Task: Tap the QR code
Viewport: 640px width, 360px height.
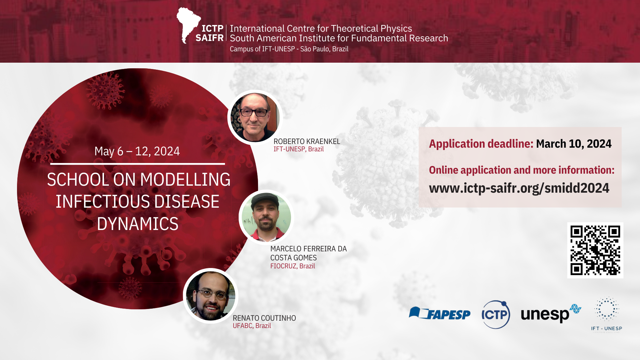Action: point(595,250)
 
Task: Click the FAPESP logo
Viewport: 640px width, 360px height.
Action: point(440,313)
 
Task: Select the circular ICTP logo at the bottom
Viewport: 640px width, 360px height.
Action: point(496,314)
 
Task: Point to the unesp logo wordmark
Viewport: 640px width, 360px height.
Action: point(551,313)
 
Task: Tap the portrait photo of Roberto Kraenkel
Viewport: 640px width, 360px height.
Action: point(255,117)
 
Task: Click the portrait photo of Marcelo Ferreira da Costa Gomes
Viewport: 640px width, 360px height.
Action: point(266,217)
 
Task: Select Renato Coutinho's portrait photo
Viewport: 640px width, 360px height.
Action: point(211,296)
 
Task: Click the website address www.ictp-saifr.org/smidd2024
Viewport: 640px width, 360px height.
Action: point(519,188)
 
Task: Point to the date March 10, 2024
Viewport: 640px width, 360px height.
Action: point(574,144)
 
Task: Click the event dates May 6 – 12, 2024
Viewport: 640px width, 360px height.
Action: point(137,151)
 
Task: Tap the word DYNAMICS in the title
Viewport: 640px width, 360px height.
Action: point(138,224)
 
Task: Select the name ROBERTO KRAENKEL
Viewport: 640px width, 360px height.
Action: point(307,141)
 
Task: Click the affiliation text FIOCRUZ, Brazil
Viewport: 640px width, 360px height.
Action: point(292,266)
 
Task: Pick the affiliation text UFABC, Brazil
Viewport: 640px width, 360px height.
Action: point(252,326)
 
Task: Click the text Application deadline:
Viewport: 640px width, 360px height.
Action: point(481,144)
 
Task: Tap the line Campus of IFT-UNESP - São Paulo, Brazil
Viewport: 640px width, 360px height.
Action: point(289,49)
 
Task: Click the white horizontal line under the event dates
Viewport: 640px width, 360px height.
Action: point(138,164)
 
